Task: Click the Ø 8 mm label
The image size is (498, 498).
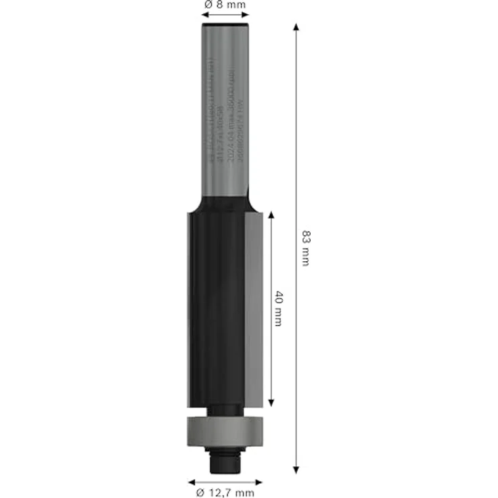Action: pos(225,5)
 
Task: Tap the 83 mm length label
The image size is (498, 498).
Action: pos(305,248)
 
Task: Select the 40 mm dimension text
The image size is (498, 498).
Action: pos(278,309)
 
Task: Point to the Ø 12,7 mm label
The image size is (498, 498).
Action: pos(225,493)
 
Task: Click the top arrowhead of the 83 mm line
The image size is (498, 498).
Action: pos(296,27)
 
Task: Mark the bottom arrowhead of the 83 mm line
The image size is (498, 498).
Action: pos(296,468)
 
